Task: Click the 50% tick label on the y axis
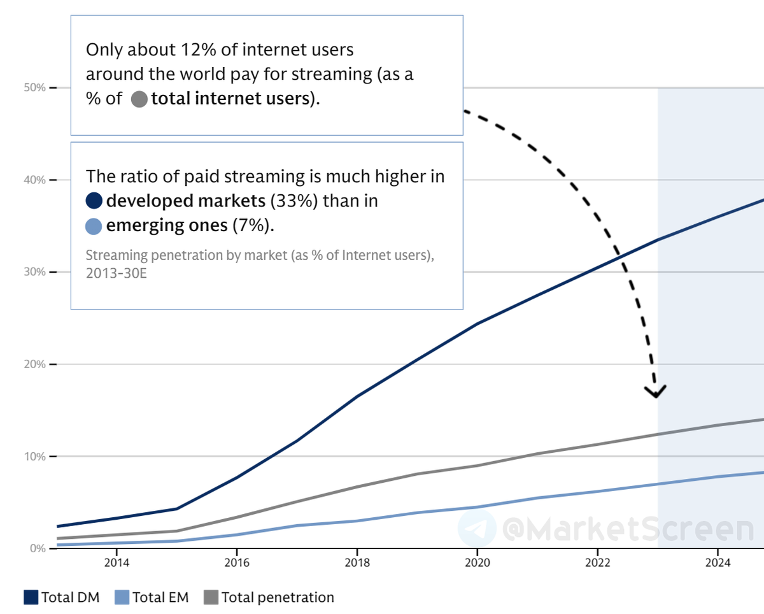(x=35, y=87)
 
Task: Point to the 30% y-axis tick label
(x=35, y=272)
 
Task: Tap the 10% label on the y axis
(x=35, y=457)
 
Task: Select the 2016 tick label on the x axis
(x=236, y=562)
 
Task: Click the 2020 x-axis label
(x=477, y=562)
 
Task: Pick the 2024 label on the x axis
(x=718, y=562)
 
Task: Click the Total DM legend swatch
(x=31, y=597)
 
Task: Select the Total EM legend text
(x=160, y=597)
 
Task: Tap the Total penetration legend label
(x=278, y=597)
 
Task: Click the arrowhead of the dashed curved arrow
(x=655, y=392)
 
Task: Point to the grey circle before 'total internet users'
(x=139, y=99)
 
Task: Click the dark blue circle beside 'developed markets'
(x=94, y=201)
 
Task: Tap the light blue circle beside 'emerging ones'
(x=94, y=226)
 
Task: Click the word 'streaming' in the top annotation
(x=331, y=74)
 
